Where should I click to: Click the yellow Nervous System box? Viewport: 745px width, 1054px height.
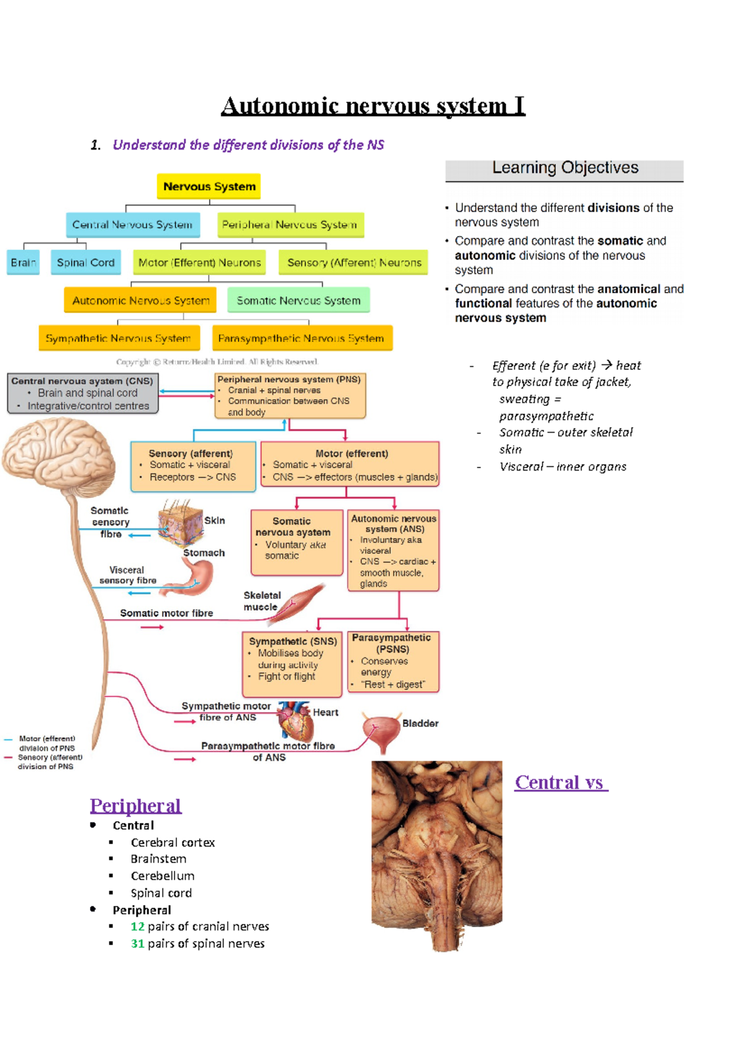[209, 186]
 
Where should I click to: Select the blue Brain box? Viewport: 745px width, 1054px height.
[23, 263]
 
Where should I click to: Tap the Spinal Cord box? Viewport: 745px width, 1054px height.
[86, 263]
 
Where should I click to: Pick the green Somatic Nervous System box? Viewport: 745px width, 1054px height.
[298, 300]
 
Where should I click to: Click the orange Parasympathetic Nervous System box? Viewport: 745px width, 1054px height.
[302, 338]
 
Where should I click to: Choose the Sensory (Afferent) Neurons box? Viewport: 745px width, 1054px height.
[354, 263]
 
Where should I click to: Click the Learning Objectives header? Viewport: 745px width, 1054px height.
[564, 168]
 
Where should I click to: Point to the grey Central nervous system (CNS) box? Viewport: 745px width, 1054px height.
[83, 393]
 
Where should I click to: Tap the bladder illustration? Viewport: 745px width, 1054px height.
[380, 731]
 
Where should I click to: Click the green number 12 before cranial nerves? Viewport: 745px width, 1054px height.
[137, 927]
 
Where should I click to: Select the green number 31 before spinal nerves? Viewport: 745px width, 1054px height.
[137, 944]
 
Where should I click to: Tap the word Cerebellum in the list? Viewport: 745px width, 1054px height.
[163, 876]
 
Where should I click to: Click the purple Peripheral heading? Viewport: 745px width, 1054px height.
[135, 806]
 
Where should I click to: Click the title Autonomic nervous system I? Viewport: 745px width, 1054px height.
[373, 106]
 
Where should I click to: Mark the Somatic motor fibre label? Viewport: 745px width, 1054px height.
[166, 613]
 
